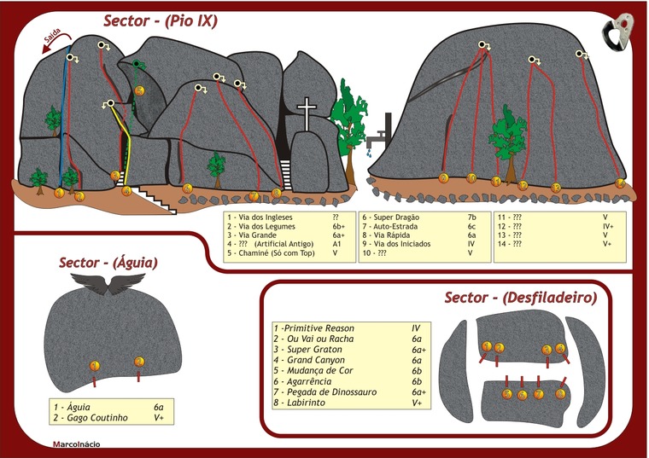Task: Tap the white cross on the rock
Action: tap(305, 111)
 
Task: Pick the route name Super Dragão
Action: tap(392, 217)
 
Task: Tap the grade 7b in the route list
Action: tap(472, 217)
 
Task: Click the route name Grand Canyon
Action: tap(319, 361)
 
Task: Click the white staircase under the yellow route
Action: tap(155, 199)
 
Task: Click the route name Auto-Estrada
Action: tap(393, 226)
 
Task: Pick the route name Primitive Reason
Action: tap(318, 328)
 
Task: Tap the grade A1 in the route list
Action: tap(336, 244)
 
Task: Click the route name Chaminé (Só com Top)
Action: tap(275, 252)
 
